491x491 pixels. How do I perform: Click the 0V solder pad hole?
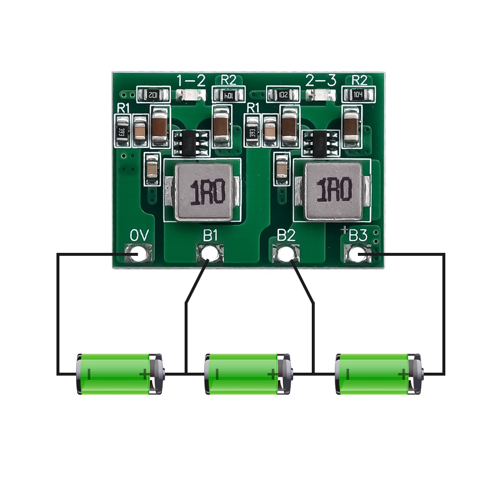[x=139, y=254]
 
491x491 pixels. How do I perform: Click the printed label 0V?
[x=139, y=236]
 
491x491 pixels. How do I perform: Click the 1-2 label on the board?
[x=191, y=81]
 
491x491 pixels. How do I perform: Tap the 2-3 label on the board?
[x=321, y=81]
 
